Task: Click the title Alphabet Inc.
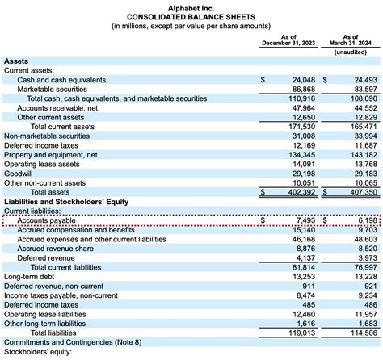pos(191,6)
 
